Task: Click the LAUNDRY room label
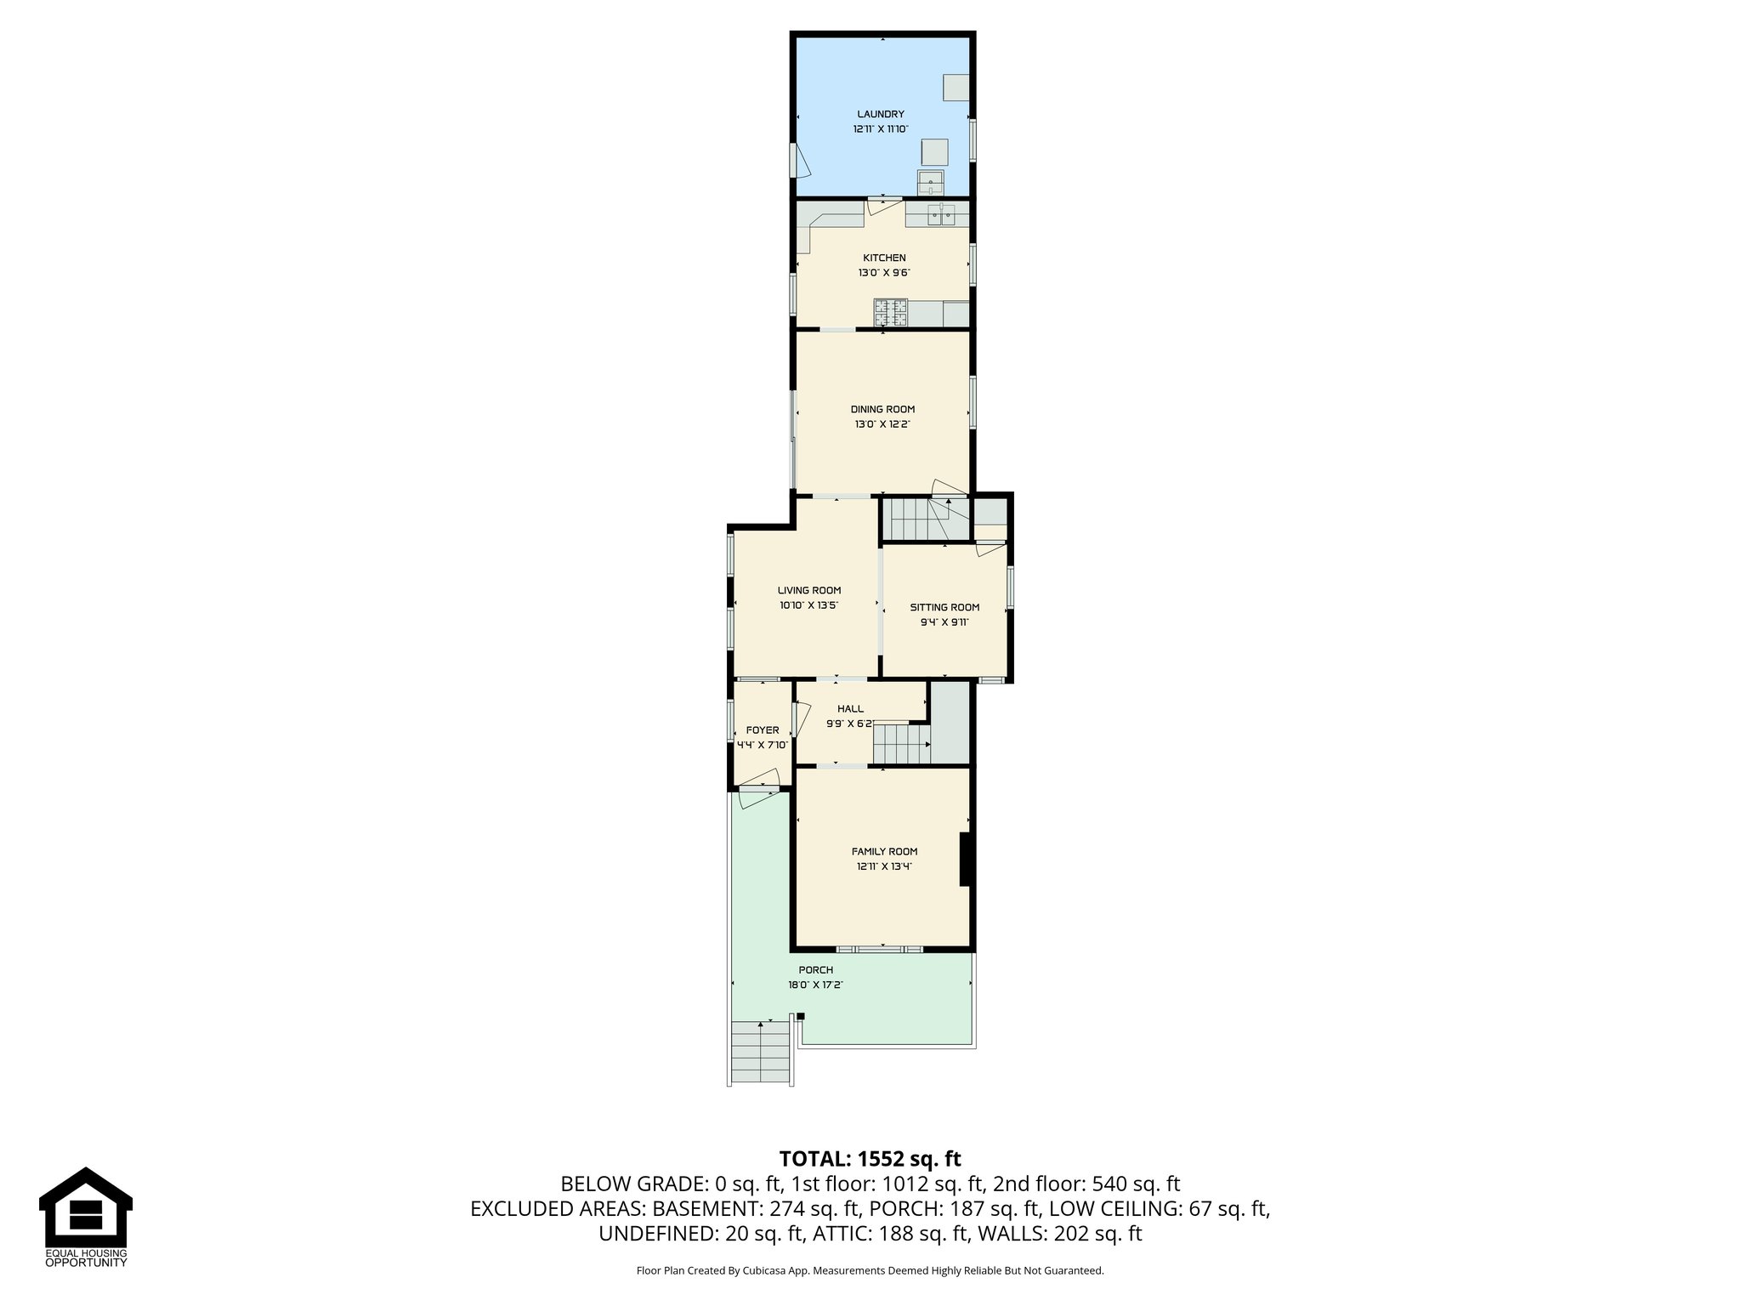tap(880, 114)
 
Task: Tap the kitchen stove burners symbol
tap(891, 313)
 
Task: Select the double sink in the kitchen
tap(941, 214)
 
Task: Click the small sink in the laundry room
tap(930, 182)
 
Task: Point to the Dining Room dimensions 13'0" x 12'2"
tap(882, 424)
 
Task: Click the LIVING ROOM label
tap(808, 590)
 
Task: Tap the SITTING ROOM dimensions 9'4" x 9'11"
tap(944, 622)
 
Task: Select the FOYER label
tap(762, 730)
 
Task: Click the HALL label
tap(850, 708)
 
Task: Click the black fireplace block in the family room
tap(966, 860)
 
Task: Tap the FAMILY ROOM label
tap(884, 851)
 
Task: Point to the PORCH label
tap(815, 970)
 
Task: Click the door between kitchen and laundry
tap(884, 207)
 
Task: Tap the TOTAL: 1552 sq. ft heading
tap(870, 1159)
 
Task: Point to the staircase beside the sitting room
tap(925, 520)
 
